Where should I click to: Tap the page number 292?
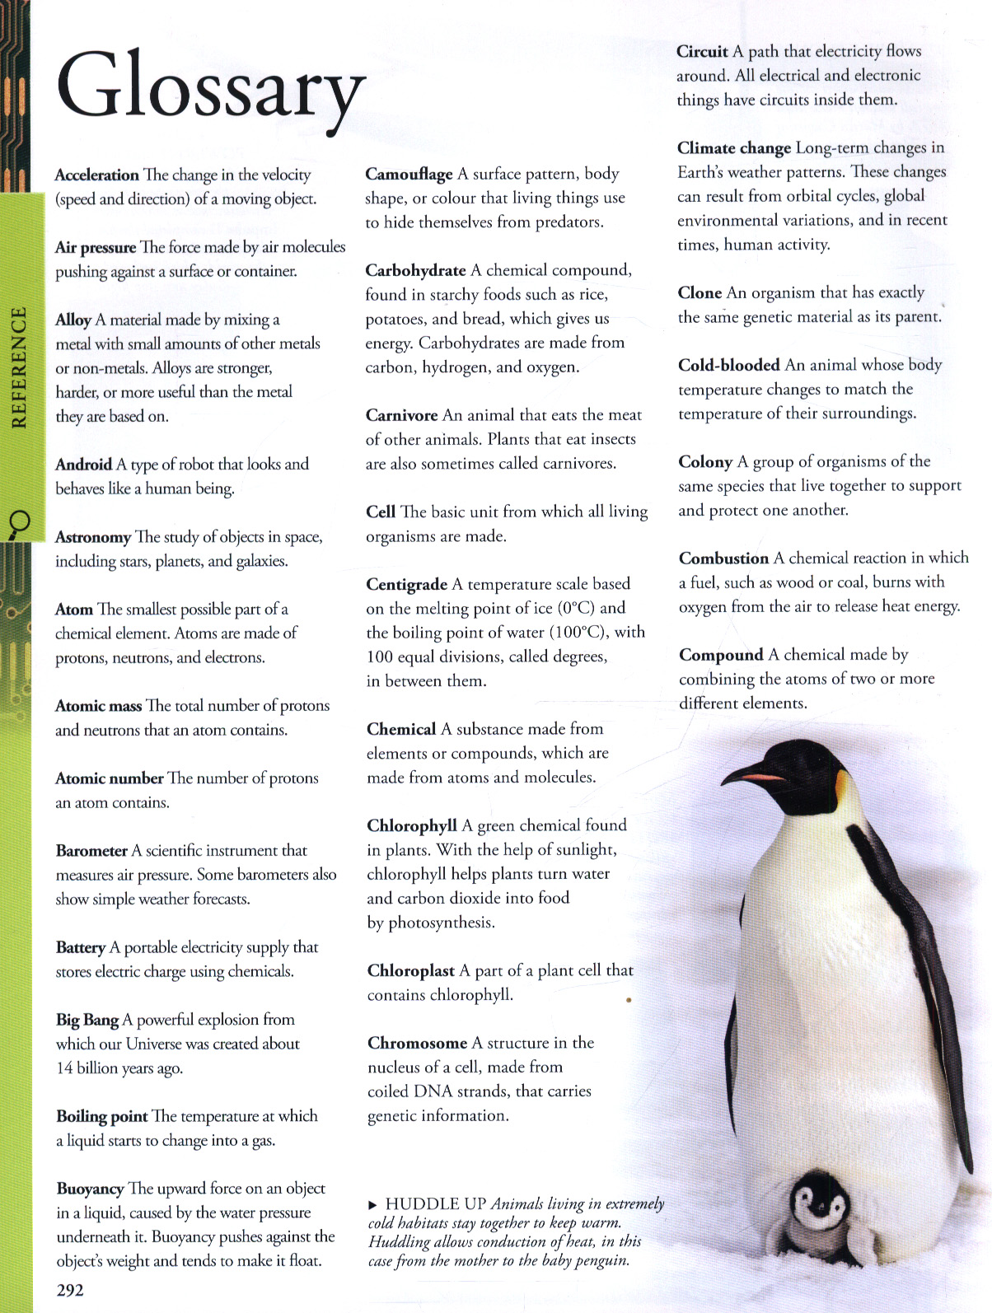70,1290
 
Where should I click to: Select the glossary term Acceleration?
96,175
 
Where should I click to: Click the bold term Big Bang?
87,1020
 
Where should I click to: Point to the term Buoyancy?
90,1189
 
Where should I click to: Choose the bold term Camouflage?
409,174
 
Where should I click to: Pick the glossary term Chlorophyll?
411,825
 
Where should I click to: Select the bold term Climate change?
733,148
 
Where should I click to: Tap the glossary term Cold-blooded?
728,365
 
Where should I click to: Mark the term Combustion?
723,558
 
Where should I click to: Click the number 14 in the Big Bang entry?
64,1068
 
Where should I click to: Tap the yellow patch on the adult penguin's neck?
841,789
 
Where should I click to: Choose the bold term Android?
83,465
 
